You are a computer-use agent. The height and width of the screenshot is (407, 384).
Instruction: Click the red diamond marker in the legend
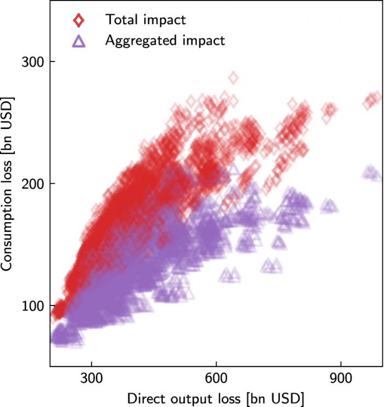coord(80,20)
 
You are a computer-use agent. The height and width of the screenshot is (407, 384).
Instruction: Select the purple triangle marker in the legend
coord(80,41)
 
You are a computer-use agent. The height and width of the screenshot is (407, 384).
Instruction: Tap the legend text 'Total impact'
coord(146,20)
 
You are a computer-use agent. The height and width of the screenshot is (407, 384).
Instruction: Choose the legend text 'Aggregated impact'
coord(165,41)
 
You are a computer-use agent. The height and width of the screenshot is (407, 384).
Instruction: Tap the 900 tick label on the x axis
coord(341,380)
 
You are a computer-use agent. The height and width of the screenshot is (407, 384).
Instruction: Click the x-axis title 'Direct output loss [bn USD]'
coord(216,397)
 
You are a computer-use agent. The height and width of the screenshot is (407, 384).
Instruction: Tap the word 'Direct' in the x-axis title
coord(143,397)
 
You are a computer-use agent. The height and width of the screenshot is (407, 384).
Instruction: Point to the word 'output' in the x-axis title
coord(182,397)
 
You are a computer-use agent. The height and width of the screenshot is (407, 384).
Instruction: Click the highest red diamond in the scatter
coord(233,78)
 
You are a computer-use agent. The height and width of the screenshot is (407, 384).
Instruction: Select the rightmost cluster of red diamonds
coord(372,100)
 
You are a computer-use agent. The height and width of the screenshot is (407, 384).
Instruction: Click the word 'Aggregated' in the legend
coord(140,41)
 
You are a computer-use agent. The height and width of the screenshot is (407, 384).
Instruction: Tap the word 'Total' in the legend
coord(121,20)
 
